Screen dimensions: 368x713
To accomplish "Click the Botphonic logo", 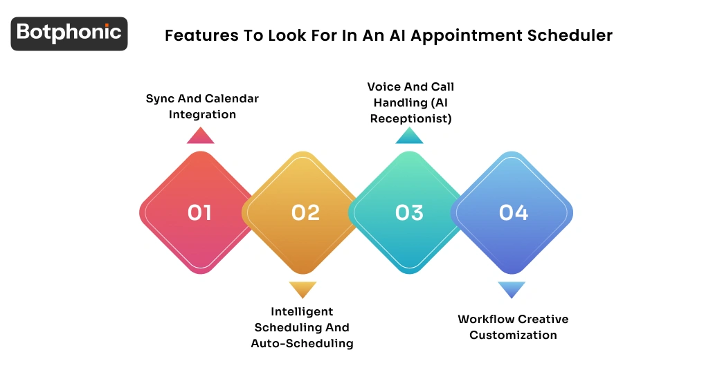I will (69, 33).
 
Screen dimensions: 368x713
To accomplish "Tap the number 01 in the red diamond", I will (199, 212).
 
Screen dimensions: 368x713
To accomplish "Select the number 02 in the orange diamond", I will (305, 212).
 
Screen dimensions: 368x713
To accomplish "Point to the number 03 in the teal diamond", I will (409, 212).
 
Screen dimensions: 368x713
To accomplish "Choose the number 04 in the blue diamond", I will (514, 212).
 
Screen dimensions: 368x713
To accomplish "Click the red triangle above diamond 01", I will (200, 136).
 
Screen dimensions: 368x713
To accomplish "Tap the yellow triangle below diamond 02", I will (303, 289).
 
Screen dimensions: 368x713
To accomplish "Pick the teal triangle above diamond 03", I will (409, 136).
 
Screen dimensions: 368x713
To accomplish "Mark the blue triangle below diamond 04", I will (512, 289).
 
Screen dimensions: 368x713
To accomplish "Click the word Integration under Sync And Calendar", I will (202, 114).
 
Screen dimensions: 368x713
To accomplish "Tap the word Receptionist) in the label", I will (410, 118).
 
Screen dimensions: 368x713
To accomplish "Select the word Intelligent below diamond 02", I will (302, 311).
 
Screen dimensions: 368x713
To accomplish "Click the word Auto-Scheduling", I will (302, 343).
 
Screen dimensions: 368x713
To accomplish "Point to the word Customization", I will (513, 335).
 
